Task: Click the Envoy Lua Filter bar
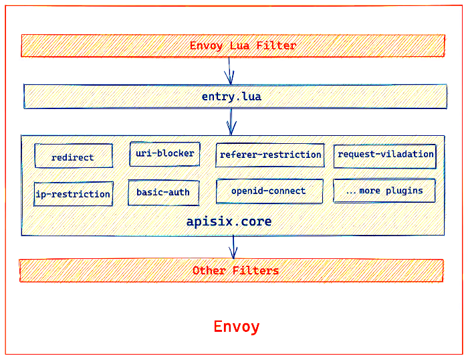click(233, 46)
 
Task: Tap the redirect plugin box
click(73, 157)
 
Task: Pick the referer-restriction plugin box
click(269, 155)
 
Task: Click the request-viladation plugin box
click(385, 155)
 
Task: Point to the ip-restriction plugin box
click(73, 194)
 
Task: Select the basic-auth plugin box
click(163, 193)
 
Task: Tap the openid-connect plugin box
click(269, 191)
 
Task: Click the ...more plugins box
click(384, 191)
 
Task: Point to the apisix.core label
click(229, 221)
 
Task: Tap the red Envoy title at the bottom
click(237, 327)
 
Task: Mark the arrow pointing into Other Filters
click(233, 247)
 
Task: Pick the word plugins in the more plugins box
click(404, 191)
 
